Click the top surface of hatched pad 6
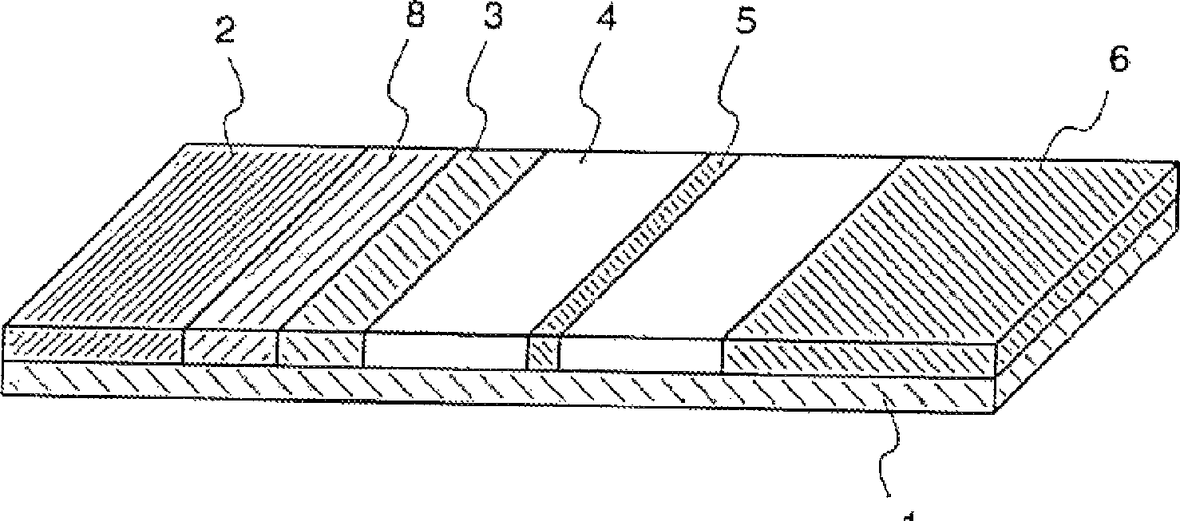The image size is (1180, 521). pyautogui.click(x=942, y=247)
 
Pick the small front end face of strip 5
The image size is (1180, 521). pyautogui.click(x=543, y=353)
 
